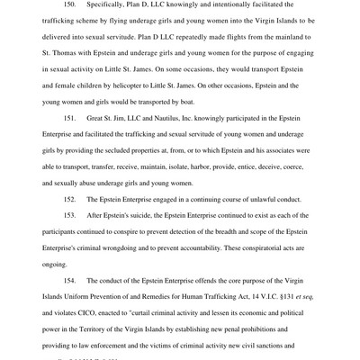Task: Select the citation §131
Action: (281, 320)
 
